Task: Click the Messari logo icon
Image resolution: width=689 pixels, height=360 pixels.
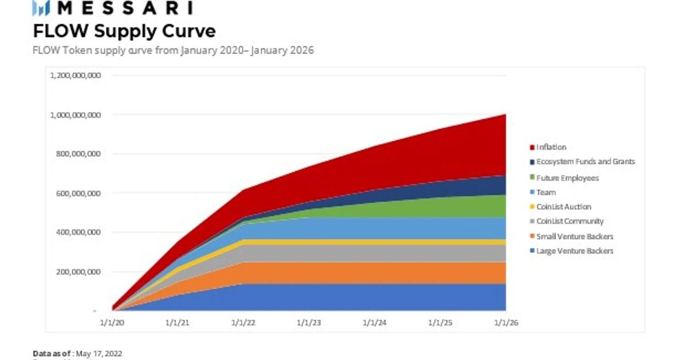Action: coord(41,8)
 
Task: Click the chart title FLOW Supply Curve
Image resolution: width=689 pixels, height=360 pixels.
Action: coord(124,31)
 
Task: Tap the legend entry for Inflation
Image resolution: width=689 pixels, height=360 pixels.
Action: coord(551,147)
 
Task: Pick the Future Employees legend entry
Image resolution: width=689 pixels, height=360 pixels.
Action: coord(567,178)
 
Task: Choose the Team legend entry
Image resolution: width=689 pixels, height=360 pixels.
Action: coord(546,192)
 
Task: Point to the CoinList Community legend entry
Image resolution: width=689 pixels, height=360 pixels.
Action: coord(570,221)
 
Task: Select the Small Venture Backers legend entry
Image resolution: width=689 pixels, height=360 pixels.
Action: coord(575,236)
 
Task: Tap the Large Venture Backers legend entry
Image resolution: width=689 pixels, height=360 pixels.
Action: coord(575,251)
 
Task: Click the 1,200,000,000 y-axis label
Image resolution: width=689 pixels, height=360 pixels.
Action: coord(75,75)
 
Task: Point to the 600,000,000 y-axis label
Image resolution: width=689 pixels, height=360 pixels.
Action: coord(78,193)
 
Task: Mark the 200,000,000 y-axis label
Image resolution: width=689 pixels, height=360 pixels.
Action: coord(78,272)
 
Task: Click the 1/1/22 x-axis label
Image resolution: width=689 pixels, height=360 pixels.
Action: coord(243,322)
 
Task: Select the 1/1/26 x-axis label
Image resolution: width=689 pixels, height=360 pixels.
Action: coord(506,322)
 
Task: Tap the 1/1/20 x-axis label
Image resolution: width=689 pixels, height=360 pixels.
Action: coord(112,322)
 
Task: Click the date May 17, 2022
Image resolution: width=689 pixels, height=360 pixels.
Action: coord(99,353)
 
